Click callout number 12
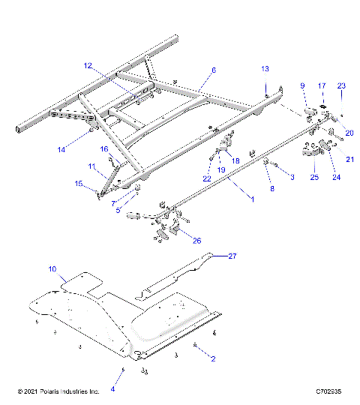coord(88,65)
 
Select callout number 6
coord(213,70)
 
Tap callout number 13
coord(264,68)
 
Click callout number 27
coord(232,256)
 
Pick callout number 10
coord(52,268)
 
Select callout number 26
coord(196,241)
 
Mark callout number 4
coord(113,389)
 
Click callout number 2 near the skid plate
coord(212,358)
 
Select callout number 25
coord(314,177)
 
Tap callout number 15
coord(78,183)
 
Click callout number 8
coord(272,189)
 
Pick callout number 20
coord(349,133)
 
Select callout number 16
coord(105,149)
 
